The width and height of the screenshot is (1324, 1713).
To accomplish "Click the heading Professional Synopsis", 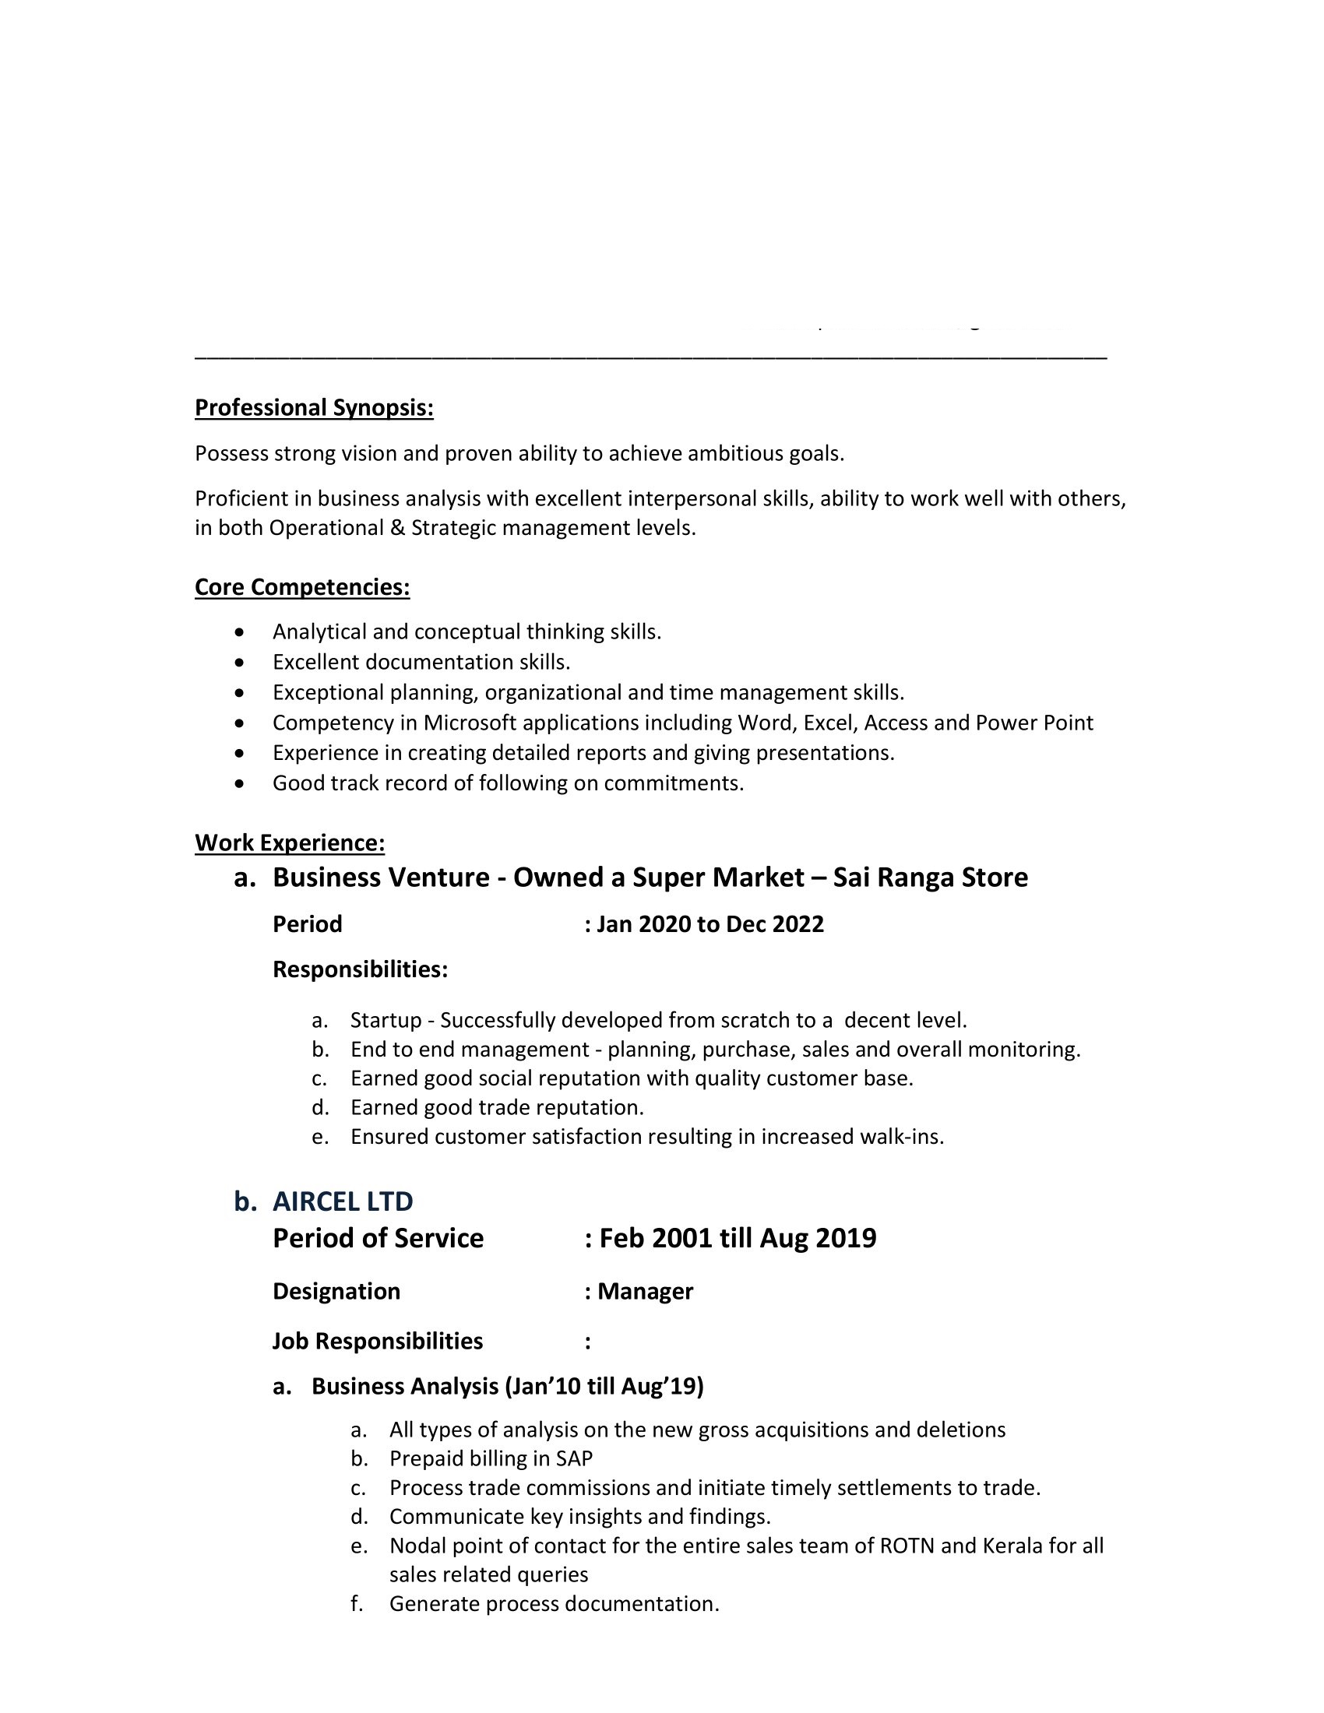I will tap(314, 408).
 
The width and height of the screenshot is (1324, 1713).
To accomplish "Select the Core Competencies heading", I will tap(302, 586).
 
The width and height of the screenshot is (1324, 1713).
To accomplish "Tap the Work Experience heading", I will tap(290, 842).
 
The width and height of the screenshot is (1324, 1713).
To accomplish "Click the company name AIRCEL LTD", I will tap(343, 1201).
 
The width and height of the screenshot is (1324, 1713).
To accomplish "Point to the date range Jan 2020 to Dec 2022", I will tap(710, 924).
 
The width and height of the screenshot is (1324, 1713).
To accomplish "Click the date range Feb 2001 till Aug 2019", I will tap(738, 1238).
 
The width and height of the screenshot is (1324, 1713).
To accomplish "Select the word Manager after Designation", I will tap(645, 1291).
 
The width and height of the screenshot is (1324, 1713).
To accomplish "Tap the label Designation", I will tap(336, 1291).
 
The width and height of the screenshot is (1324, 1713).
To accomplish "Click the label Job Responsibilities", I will tap(377, 1341).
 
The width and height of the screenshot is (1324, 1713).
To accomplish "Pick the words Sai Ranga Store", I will tap(930, 877).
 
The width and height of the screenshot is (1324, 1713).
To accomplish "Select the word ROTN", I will tap(907, 1545).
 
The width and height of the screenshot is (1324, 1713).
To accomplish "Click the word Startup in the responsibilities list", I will tap(386, 1020).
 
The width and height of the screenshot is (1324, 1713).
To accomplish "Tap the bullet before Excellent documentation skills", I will tap(240, 663).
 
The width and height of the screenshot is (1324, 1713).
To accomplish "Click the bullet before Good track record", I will tap(240, 783).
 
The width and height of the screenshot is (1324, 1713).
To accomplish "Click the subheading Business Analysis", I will tap(403, 1386).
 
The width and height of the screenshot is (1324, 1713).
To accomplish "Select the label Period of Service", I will tap(378, 1238).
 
